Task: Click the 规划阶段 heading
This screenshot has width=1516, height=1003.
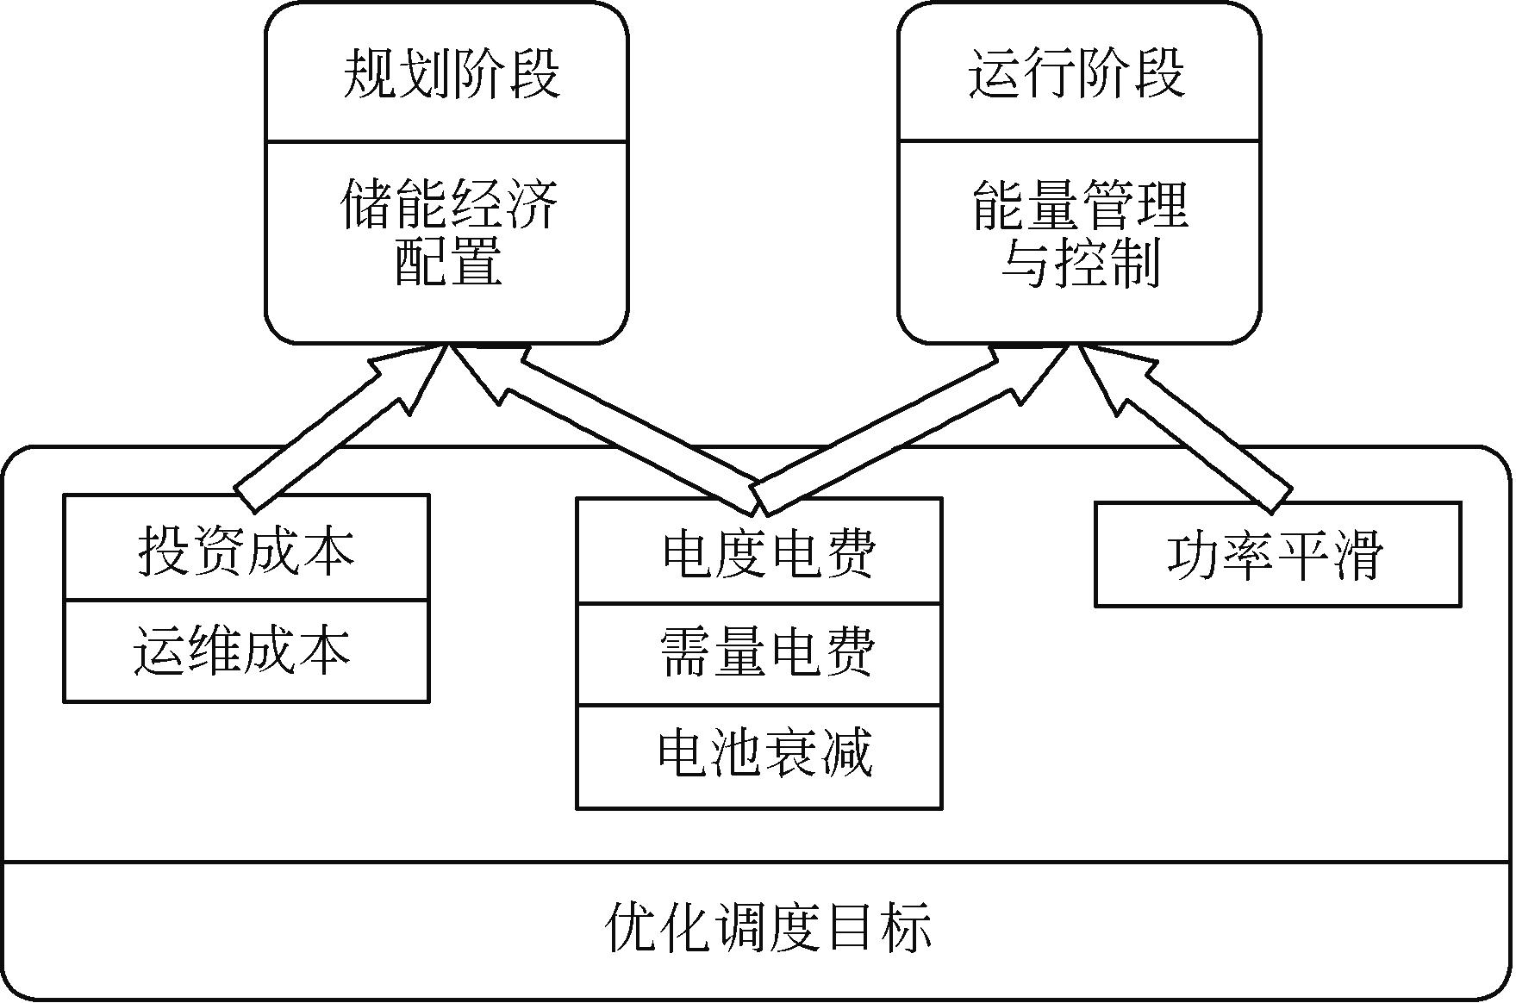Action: [452, 73]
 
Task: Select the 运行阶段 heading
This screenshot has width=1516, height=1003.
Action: [1077, 73]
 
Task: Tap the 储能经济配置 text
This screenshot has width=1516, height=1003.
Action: [449, 233]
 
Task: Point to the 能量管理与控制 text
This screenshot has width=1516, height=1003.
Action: [1081, 233]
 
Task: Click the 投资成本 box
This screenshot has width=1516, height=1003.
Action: [246, 549]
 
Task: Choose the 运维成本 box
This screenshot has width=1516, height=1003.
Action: [246, 651]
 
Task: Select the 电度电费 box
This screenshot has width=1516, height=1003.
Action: [759, 552]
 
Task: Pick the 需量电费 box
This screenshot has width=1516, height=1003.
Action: [759, 654]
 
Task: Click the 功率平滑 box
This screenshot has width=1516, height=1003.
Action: [1276, 555]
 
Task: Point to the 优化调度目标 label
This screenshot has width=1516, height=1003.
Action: [768, 928]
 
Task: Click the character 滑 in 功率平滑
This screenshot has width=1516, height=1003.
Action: [1357, 555]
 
